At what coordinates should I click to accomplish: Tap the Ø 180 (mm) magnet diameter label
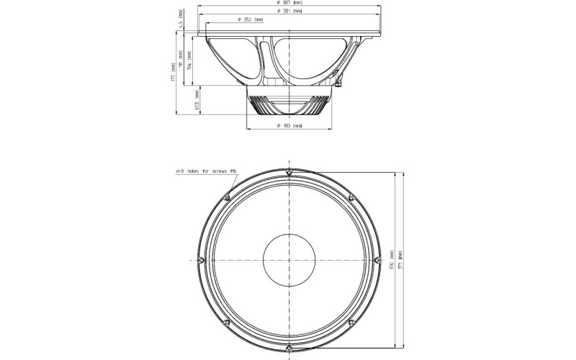289,126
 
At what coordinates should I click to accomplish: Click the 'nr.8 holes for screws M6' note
206,171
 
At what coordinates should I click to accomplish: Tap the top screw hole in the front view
289,172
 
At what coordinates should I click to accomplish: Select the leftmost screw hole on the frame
201,260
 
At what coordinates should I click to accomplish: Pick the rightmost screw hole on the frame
377,260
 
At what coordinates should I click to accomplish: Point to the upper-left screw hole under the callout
227,198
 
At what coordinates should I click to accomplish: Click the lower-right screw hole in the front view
351,323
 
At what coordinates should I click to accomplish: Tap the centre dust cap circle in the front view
289,260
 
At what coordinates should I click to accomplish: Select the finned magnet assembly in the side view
289,105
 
